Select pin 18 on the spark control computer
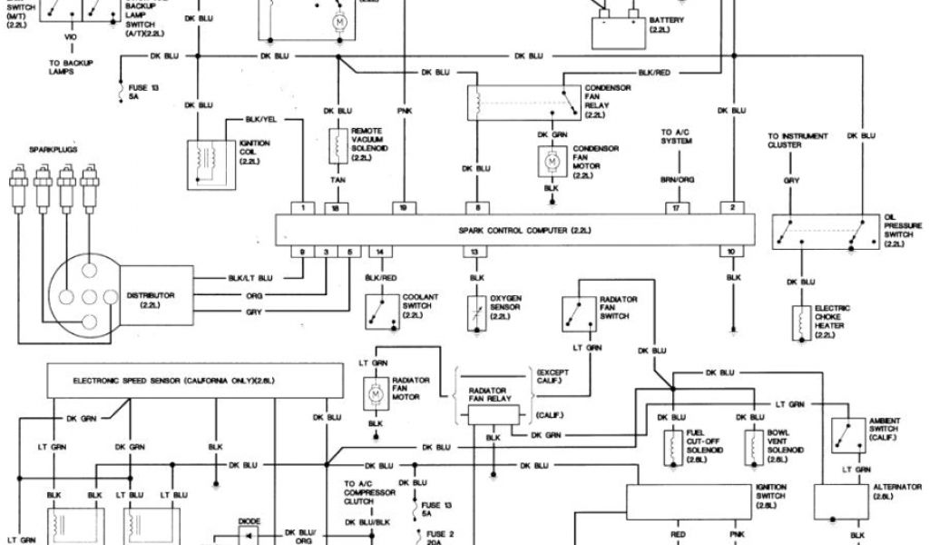336,208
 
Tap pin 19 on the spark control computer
403,208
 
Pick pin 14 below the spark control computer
380,250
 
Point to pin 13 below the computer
473,250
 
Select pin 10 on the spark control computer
731,250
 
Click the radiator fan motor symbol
375,392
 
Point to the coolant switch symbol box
379,312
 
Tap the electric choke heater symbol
802,323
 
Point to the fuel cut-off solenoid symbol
673,445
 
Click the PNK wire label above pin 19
404,111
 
